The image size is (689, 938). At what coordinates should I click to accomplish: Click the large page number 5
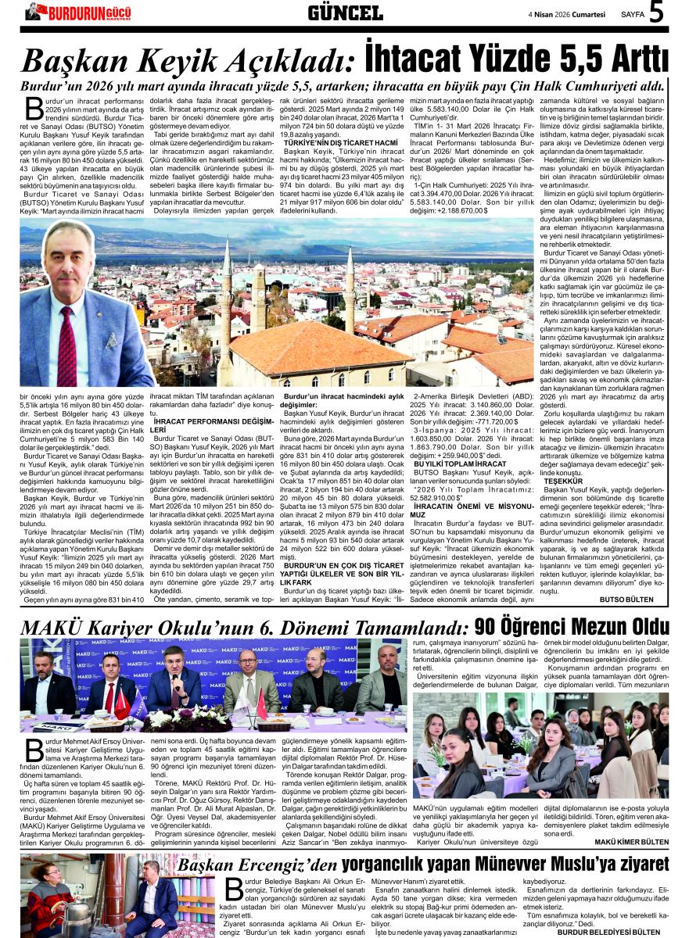point(656,13)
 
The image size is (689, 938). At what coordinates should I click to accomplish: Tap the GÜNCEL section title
point(345,13)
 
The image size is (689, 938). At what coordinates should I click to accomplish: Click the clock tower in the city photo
point(258,297)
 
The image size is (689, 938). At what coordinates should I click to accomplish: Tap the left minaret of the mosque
point(227,274)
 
